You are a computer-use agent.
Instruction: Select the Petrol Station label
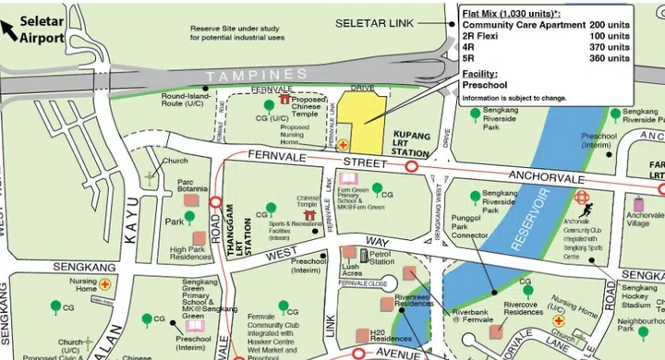[381, 257]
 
